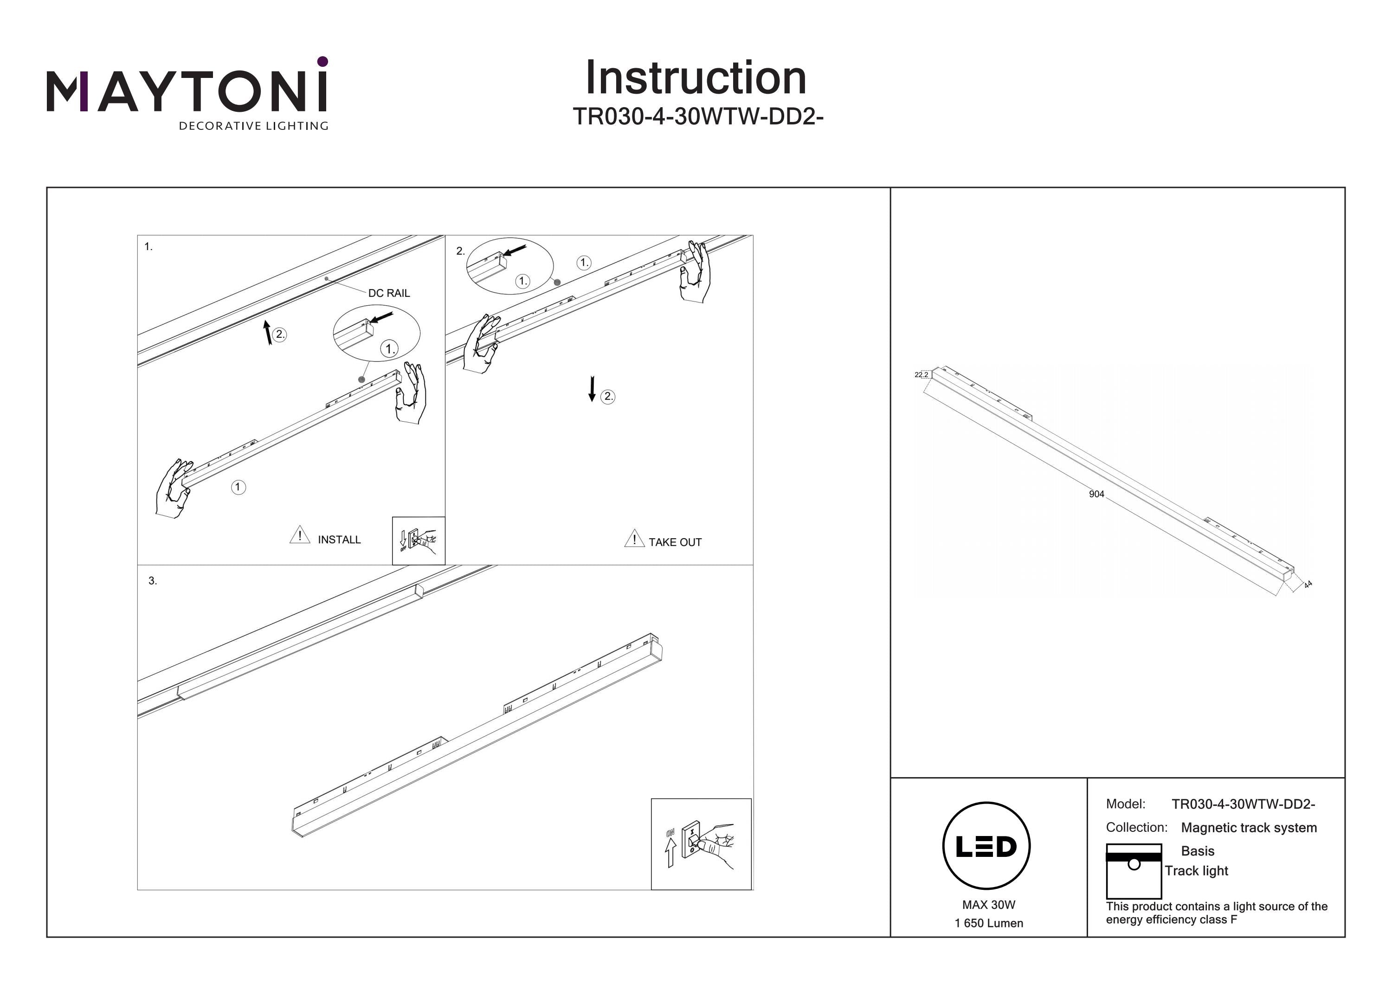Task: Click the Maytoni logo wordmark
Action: tap(187, 91)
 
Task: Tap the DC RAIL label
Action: tap(389, 293)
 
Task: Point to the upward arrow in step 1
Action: tap(267, 332)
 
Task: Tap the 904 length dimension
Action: tap(1096, 494)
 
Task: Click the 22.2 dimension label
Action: tap(921, 375)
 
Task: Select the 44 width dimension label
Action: tap(1308, 585)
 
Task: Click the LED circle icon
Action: tap(986, 846)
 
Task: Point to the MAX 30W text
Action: tap(988, 905)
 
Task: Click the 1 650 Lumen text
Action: tap(988, 923)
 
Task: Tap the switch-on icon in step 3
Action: tap(701, 843)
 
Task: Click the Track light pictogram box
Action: tap(1133, 871)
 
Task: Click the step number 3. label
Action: tap(153, 581)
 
